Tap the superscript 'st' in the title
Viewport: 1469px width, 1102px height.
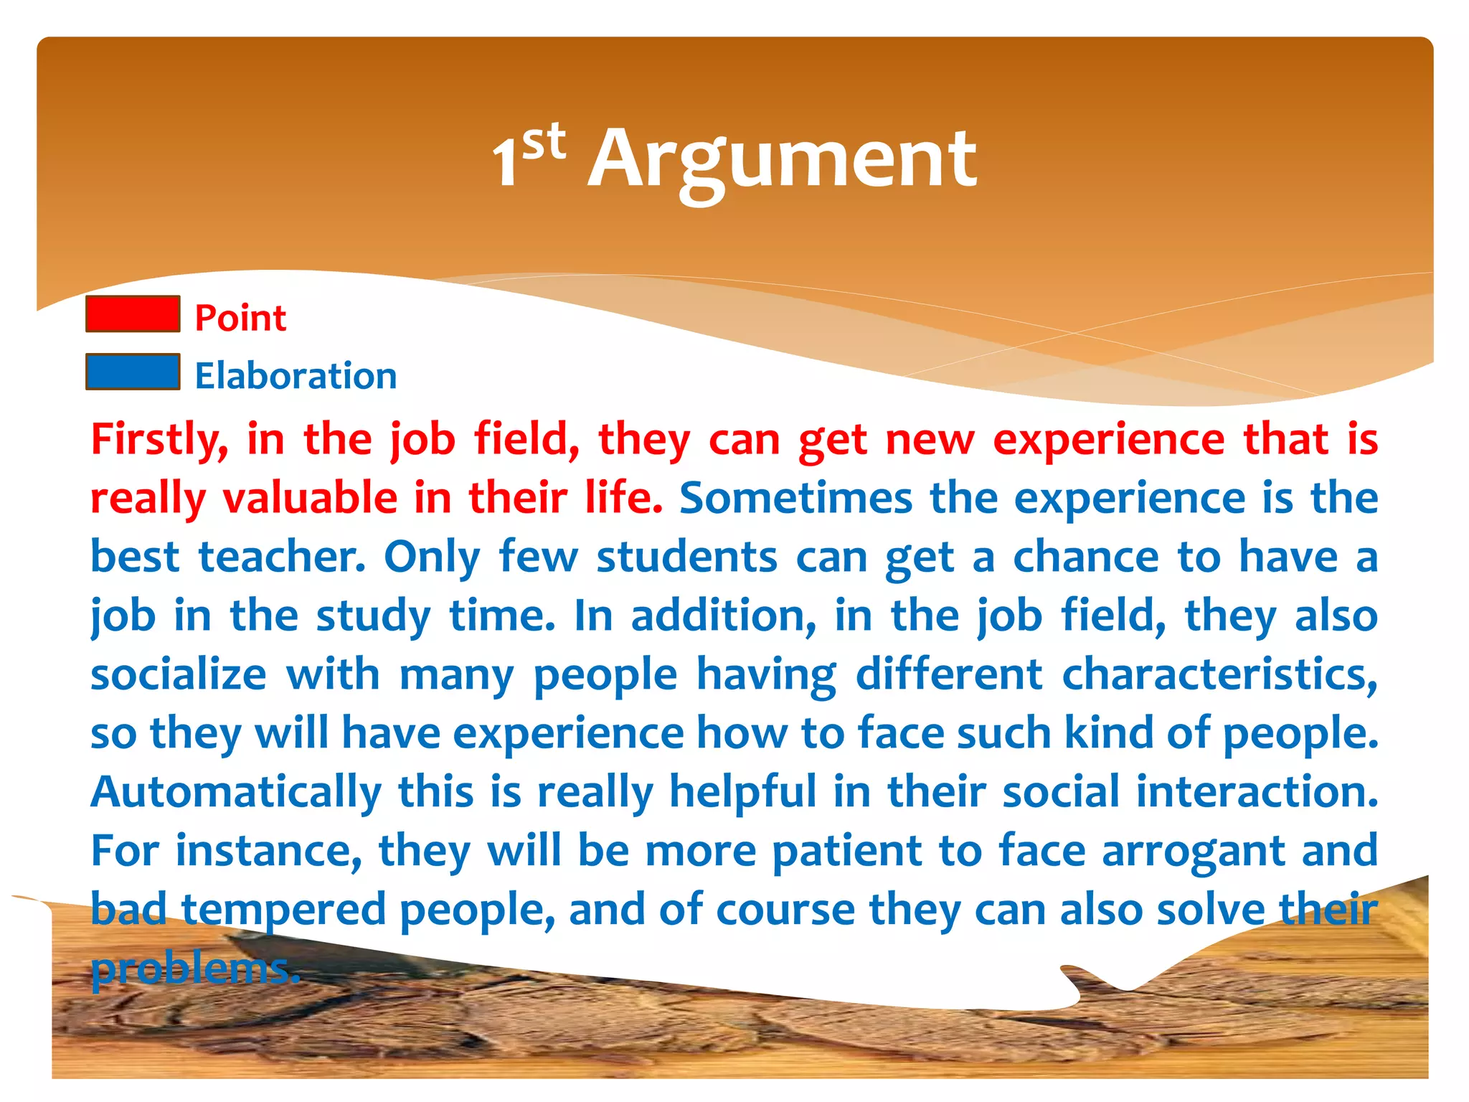point(544,141)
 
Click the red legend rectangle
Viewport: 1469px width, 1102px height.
point(133,314)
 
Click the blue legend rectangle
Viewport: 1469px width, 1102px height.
point(133,372)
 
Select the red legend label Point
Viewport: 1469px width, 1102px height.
point(240,318)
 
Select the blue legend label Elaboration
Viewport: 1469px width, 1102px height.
point(296,376)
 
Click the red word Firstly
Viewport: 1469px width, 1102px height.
point(159,439)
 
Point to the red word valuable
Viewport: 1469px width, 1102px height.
point(310,498)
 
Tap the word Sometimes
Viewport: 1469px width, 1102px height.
point(795,498)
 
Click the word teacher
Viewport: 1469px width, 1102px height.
point(282,557)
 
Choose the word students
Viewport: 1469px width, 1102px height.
point(686,557)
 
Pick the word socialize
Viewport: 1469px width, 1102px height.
point(179,674)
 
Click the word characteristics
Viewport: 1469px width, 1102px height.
point(1219,674)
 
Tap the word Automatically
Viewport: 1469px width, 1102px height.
point(236,792)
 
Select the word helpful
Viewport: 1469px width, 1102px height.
point(742,792)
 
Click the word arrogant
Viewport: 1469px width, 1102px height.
point(1193,852)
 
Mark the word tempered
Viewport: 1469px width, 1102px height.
point(283,910)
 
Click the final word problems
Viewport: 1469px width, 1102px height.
point(194,969)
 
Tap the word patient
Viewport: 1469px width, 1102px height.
point(847,852)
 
